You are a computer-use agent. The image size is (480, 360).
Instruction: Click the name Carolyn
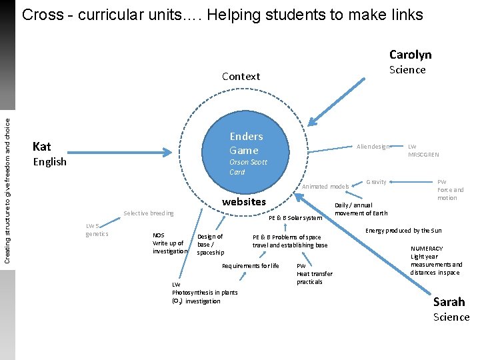coord(410,55)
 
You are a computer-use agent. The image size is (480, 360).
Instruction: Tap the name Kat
coord(42,146)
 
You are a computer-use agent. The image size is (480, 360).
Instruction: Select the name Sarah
coord(449,301)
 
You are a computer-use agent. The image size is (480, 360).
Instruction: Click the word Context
coord(241,76)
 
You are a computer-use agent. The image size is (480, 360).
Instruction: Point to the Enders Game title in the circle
coord(246,143)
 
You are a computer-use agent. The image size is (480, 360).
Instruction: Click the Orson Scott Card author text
coord(247,167)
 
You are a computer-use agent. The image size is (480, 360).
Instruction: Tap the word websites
coord(243,201)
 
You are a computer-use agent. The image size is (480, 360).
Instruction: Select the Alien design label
coord(373,147)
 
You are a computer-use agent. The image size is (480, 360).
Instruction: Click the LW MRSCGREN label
coord(423,151)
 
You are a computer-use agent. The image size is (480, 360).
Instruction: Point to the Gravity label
coord(376,181)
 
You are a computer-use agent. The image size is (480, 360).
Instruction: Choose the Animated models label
coord(325,187)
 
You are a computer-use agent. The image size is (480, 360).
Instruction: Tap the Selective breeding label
coord(148,213)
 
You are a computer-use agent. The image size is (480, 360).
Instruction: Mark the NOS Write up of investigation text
coord(169,243)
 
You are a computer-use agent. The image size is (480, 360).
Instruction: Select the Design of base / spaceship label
coord(211,244)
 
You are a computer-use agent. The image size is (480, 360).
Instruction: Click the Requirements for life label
coord(250,266)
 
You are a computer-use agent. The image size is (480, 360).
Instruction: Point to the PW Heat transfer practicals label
coord(314,273)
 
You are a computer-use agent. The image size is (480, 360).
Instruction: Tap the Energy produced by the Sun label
coord(403,231)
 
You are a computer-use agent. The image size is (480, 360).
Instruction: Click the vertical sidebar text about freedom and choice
coord(7,181)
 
